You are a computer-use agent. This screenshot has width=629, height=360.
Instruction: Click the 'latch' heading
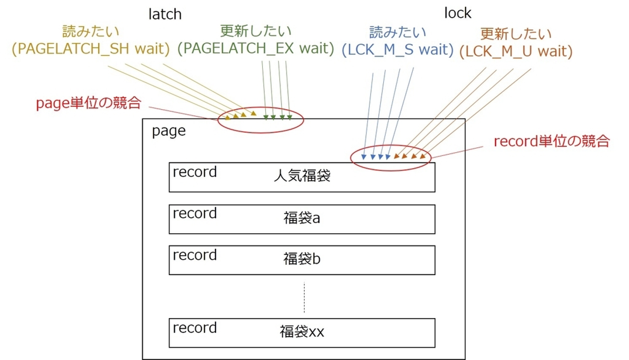[x=165, y=14]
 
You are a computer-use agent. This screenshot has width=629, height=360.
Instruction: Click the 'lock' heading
[x=457, y=13]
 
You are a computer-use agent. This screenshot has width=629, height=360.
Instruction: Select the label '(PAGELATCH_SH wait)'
[x=91, y=49]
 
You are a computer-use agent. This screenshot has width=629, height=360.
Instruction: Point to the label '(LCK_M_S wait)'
[x=397, y=50]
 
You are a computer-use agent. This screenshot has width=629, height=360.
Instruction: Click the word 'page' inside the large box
[x=169, y=132]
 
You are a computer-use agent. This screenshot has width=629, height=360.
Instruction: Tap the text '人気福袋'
[x=302, y=176]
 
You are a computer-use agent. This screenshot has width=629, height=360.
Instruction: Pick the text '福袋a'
[x=302, y=218]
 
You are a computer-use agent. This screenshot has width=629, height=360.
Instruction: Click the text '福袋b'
[x=302, y=259]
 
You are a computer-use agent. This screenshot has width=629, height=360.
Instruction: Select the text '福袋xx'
[x=302, y=332]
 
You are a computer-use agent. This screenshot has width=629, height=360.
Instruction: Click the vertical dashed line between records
[x=304, y=297]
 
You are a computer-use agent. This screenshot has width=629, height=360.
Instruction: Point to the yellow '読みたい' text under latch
[x=91, y=31]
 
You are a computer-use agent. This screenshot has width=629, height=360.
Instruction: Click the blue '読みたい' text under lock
[x=397, y=32]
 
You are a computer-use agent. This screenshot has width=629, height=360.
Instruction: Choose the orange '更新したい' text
[x=516, y=34]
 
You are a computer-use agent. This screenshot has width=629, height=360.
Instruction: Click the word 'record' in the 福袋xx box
[x=195, y=328]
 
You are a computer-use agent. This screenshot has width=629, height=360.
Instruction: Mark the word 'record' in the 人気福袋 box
[x=195, y=172]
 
